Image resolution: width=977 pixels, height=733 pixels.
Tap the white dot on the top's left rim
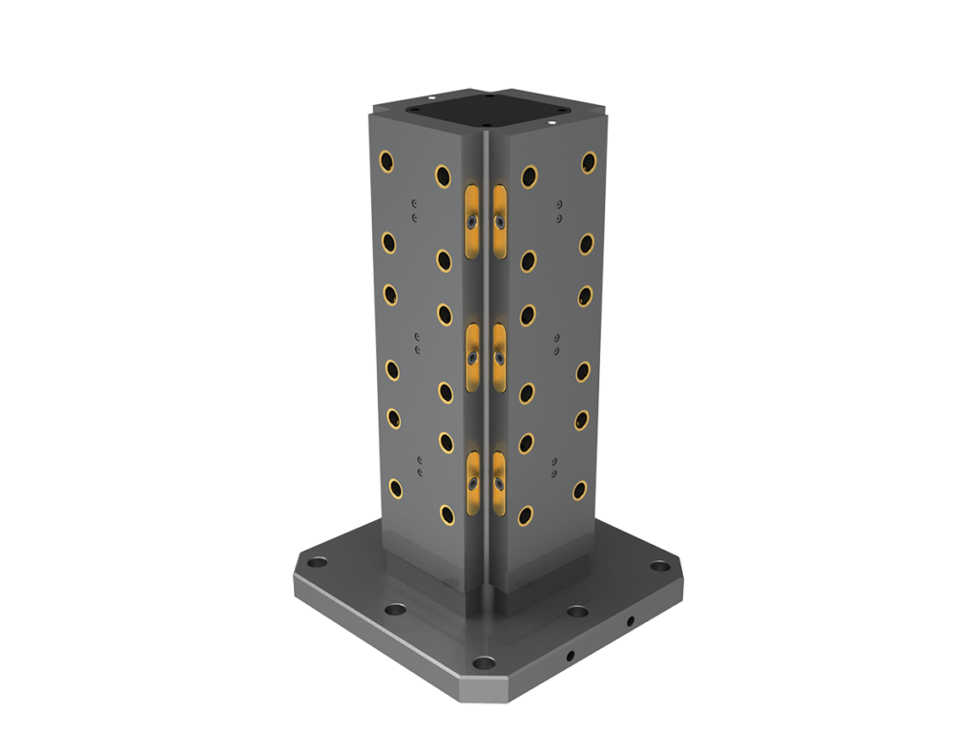tap(431, 96)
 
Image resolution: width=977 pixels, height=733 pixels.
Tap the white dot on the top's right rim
tap(554, 122)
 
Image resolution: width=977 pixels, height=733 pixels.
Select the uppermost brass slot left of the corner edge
tap(471, 219)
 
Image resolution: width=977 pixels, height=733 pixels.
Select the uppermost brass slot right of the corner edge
tap(499, 219)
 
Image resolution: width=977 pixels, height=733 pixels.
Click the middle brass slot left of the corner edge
tap(471, 355)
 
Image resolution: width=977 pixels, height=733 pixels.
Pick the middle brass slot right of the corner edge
tap(499, 355)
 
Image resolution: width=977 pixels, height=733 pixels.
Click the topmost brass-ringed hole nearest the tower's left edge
tap(388, 158)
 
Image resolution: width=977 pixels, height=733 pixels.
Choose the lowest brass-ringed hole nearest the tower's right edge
tap(578, 491)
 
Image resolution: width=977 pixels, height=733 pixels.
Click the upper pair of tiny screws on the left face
tap(414, 210)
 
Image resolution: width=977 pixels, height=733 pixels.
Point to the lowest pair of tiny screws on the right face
tap(553, 467)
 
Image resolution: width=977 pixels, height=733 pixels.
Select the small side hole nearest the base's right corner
tap(629, 621)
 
